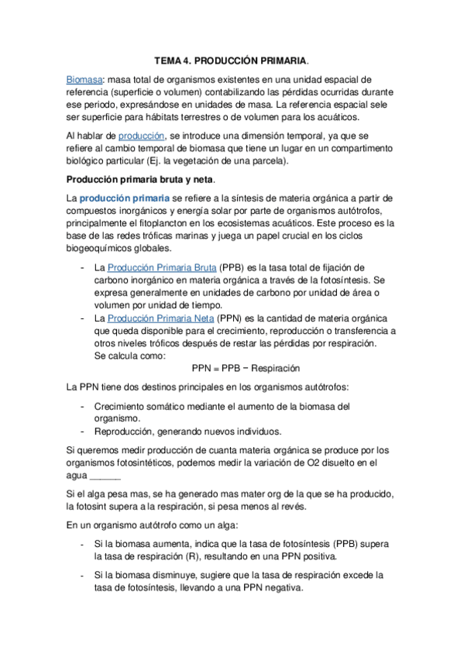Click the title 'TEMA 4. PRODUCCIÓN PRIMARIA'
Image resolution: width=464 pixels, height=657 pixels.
[x=231, y=60]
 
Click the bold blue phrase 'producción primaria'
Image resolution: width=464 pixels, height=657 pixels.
[x=124, y=198]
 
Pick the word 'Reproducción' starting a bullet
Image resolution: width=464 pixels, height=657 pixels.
[x=127, y=431]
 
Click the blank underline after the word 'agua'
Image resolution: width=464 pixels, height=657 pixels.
[x=105, y=476]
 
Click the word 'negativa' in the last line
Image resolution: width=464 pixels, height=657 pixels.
[x=280, y=589]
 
